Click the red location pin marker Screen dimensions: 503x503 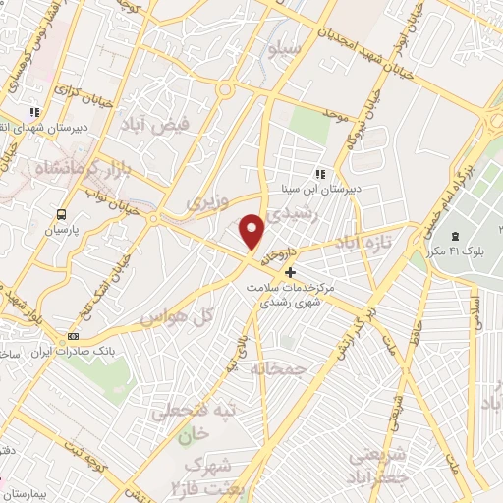(253, 232)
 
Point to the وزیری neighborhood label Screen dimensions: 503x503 (206, 200)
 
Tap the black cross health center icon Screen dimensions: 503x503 (289, 271)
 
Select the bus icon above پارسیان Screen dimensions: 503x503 (63, 213)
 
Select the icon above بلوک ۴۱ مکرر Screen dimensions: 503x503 (455, 237)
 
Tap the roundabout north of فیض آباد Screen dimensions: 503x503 (227, 91)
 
